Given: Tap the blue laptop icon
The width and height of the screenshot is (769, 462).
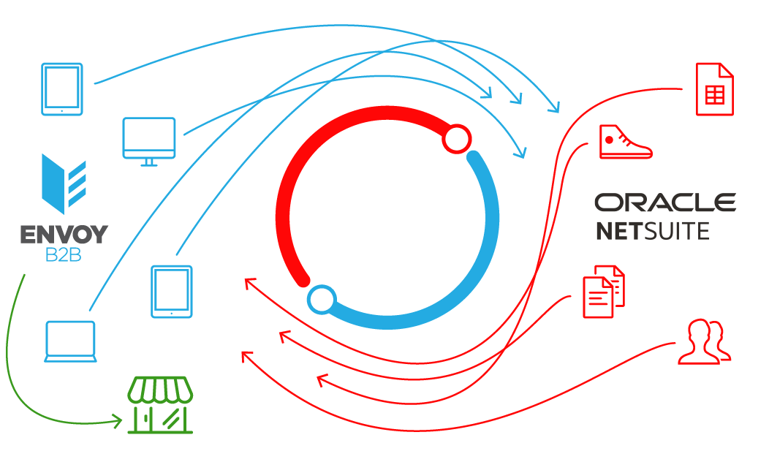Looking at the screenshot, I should [70, 341].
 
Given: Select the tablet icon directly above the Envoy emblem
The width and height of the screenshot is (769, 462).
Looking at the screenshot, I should [62, 89].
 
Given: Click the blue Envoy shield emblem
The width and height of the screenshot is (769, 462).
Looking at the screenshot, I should [64, 183].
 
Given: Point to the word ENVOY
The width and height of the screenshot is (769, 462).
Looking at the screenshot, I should [64, 235].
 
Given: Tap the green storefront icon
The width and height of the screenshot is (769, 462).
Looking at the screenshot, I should [160, 406].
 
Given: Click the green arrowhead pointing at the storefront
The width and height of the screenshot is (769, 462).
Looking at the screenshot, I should [117, 420].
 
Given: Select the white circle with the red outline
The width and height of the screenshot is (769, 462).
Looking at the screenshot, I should [457, 139].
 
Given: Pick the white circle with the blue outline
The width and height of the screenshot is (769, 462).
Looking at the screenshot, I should [321, 299].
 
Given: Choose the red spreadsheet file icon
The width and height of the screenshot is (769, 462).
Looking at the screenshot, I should [713, 89].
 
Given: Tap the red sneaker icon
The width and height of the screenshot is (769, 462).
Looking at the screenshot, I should [624, 142].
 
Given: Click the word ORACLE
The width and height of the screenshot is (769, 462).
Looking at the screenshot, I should [664, 202].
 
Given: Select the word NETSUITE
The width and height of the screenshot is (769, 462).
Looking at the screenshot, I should [652, 231].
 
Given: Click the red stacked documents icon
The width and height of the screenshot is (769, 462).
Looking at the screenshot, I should [603, 289].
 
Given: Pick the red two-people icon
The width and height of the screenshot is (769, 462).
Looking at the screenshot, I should [703, 341].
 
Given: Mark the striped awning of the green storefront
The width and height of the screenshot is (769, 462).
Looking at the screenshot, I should [160, 389].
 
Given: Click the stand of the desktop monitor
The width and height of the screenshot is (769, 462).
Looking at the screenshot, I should [149, 162].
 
